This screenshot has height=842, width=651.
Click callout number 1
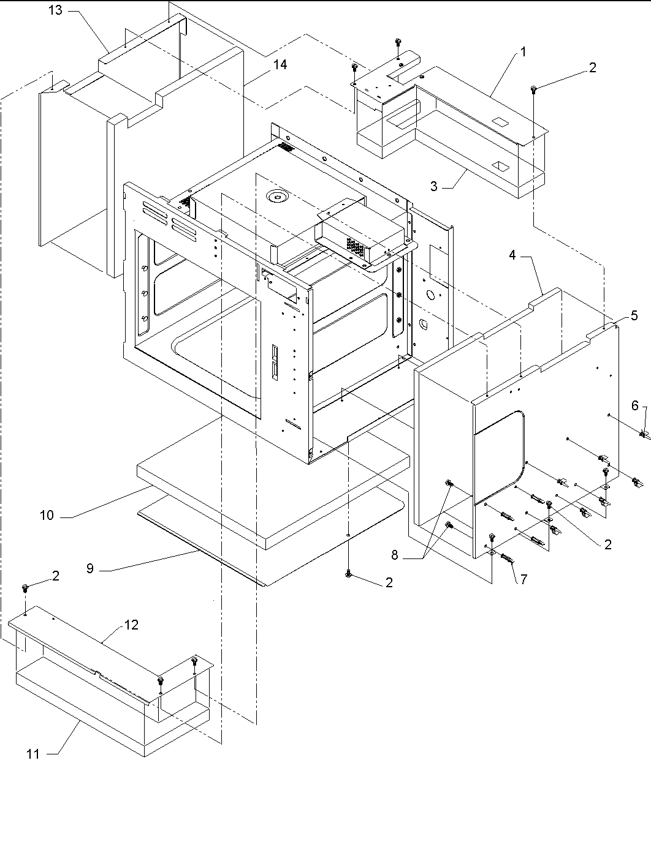click(x=523, y=52)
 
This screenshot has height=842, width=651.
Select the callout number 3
click(x=434, y=186)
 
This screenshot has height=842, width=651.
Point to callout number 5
click(x=634, y=315)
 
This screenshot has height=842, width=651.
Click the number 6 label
click(x=634, y=405)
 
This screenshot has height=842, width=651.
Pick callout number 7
click(x=523, y=579)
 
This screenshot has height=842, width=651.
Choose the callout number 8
click(x=394, y=555)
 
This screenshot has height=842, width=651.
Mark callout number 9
click(x=90, y=568)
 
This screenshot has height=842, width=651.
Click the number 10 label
click(x=47, y=515)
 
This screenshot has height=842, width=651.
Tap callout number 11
click(x=33, y=754)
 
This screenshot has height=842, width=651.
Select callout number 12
click(x=131, y=625)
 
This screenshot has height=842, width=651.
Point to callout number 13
click(x=55, y=10)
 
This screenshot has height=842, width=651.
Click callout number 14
click(x=280, y=64)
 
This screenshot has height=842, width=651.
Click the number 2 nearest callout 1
click(x=592, y=68)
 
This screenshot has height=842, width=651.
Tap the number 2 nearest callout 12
click(x=55, y=575)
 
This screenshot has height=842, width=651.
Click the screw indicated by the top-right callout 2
click(x=535, y=90)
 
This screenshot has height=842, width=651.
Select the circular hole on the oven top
click(x=277, y=197)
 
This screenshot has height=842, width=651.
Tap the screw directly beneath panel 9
click(x=348, y=573)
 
